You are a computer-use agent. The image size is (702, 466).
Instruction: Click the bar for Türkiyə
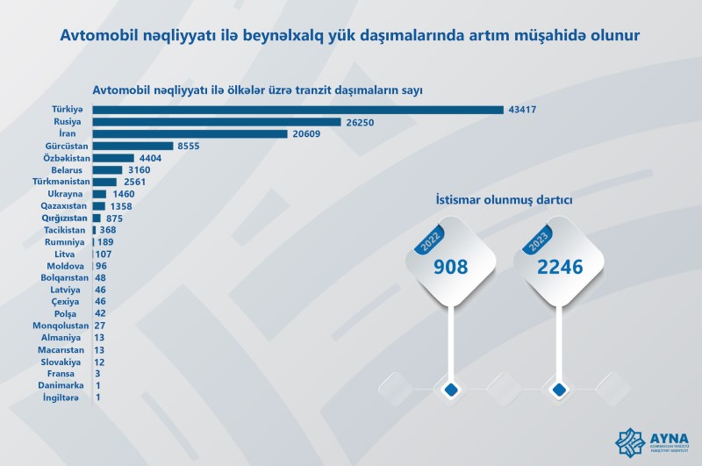[x=298, y=110]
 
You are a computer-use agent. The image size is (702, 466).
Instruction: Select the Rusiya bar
[x=216, y=122]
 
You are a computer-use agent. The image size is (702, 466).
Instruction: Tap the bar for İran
[x=190, y=134]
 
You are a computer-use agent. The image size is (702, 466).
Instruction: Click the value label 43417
[x=522, y=110]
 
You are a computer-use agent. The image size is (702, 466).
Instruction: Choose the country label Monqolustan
[x=57, y=325]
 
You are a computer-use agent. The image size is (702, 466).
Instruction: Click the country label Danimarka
[x=61, y=385]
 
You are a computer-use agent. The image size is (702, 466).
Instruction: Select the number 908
[x=452, y=268]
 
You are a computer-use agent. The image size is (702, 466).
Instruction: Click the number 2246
[x=561, y=268]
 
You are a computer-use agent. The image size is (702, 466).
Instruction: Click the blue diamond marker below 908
[x=452, y=389]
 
